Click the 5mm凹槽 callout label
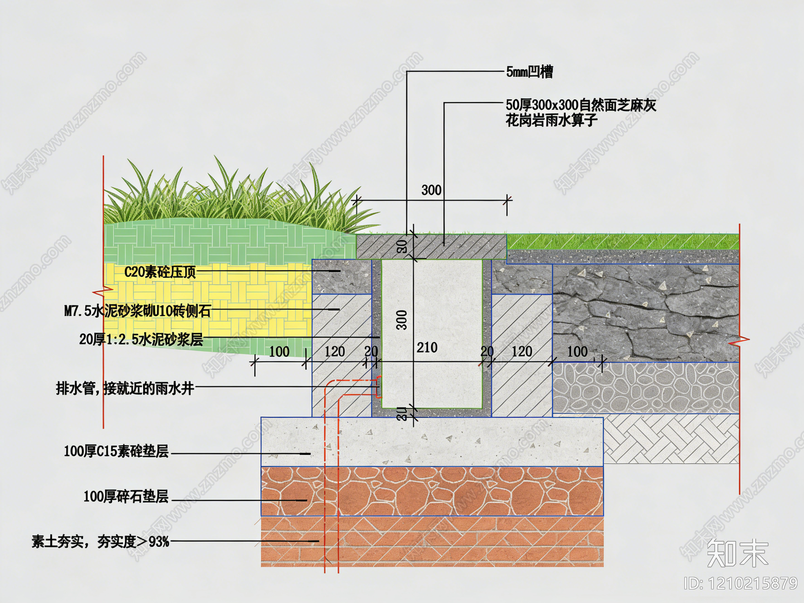pyautogui.click(x=529, y=72)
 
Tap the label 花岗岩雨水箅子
pyautogui.click(x=551, y=121)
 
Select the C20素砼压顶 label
pyautogui.click(x=160, y=272)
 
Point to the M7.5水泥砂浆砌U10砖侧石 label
pyautogui.click(x=137, y=311)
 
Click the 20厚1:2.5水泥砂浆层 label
pyautogui.click(x=141, y=339)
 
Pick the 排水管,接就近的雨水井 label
pyautogui.click(x=125, y=388)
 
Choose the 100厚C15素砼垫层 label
pyautogui.click(x=116, y=451)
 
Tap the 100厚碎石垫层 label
pyautogui.click(x=126, y=496)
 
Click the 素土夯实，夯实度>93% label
pyautogui.click(x=100, y=542)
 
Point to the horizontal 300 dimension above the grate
pyautogui.click(x=431, y=190)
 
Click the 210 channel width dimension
pyautogui.click(x=427, y=347)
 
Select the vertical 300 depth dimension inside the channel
pyautogui.click(x=401, y=320)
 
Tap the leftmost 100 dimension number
pyautogui.click(x=279, y=351)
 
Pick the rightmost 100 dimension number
pyautogui.click(x=577, y=351)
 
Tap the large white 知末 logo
pyautogui.click(x=737, y=553)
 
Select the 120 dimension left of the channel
pyautogui.click(x=335, y=351)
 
